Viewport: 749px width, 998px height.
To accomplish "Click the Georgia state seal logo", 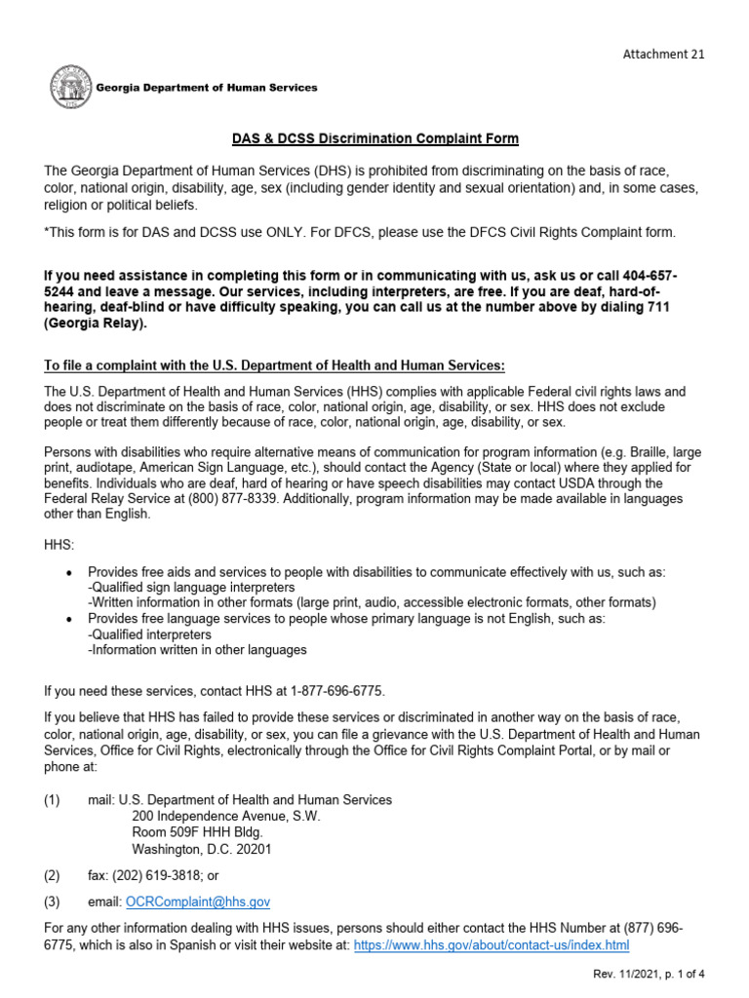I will click(x=71, y=88).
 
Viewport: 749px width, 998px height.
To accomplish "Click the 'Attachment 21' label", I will click(x=663, y=54).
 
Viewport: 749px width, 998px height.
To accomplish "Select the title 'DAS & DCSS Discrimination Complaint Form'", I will click(x=374, y=139).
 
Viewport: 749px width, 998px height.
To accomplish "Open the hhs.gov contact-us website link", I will click(x=492, y=945).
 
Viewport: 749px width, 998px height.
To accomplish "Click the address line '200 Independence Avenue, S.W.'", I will click(x=225, y=816).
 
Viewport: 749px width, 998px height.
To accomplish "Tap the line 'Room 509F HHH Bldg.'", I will click(x=196, y=832).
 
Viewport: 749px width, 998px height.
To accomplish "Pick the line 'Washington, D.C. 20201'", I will click(x=201, y=849).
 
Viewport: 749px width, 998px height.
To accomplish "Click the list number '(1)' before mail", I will click(x=52, y=799).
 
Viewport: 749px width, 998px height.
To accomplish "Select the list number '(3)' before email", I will click(x=52, y=902).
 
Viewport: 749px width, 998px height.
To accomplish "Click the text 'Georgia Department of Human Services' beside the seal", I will click(x=206, y=88).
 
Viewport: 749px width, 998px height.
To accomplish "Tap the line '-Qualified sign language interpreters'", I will click(x=191, y=588).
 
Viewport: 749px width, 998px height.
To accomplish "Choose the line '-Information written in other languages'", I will click(x=197, y=649).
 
